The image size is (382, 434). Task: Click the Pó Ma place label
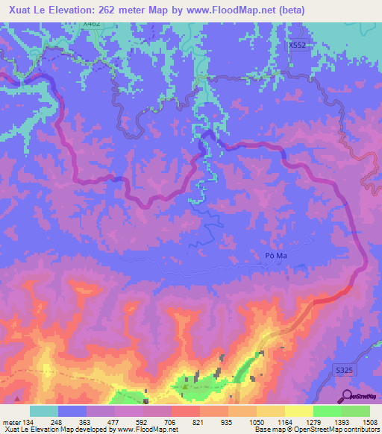tap(276, 255)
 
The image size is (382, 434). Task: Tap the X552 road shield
tap(298, 45)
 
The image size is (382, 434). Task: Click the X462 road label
tap(92, 24)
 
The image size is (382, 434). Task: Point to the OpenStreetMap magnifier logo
tap(348, 395)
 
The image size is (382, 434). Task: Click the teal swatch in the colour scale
tap(44, 411)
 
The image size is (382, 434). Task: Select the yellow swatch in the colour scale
tap(298, 411)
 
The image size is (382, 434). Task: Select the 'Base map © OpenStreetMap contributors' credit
tap(316, 430)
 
